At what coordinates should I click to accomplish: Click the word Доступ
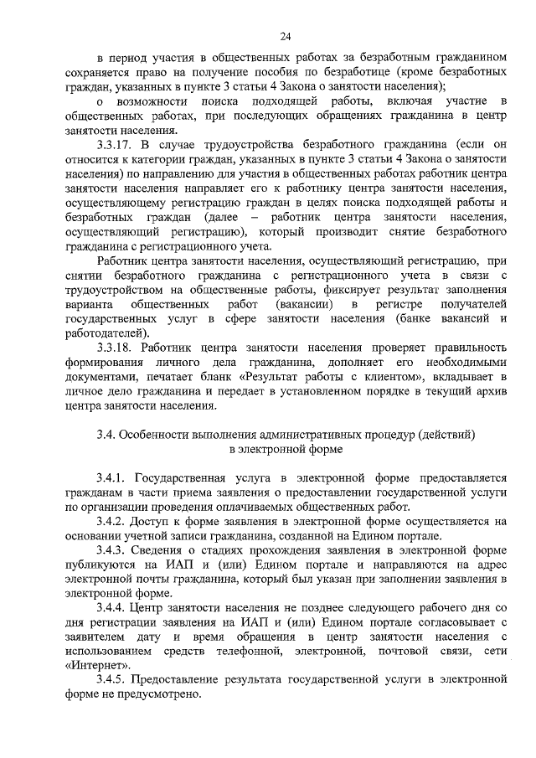(152, 521)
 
